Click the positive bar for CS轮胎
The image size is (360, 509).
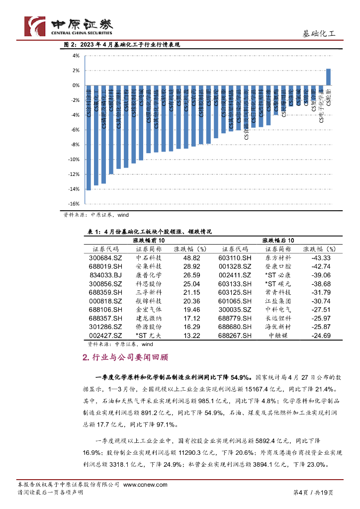(x=328, y=77)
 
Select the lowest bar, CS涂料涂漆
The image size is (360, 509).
(x=89, y=144)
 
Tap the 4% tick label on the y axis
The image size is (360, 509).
(x=76, y=56)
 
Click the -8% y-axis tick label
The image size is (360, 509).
(x=75, y=145)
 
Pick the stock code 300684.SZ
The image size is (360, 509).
(x=105, y=258)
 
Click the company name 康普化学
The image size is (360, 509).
(x=148, y=275)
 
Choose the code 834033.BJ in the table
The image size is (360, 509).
(x=105, y=275)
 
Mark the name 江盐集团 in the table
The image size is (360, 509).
(x=278, y=301)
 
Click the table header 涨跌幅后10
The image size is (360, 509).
(x=278, y=240)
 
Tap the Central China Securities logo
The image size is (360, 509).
(x=69, y=26)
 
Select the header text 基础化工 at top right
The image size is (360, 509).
(x=319, y=34)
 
